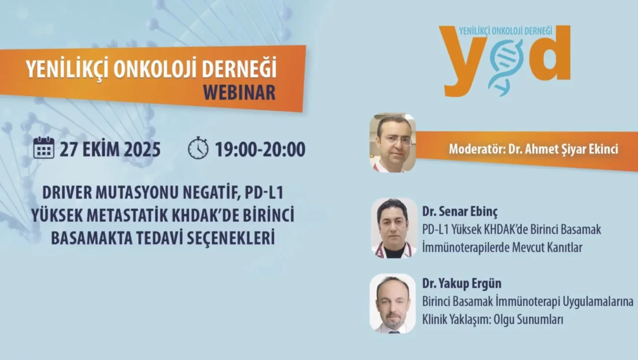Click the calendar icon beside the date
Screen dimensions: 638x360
(44, 148)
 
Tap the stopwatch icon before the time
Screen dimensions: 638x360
(198, 148)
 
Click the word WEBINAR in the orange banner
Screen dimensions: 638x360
(239, 92)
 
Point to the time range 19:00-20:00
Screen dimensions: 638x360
(260, 149)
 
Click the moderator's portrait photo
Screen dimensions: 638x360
(393, 143)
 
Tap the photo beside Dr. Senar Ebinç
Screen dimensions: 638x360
(394, 228)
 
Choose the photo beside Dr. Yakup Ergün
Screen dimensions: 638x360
(393, 304)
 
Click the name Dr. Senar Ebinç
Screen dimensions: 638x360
(460, 212)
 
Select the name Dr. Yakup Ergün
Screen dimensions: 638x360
(462, 283)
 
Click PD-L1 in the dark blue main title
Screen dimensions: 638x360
(264, 193)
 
